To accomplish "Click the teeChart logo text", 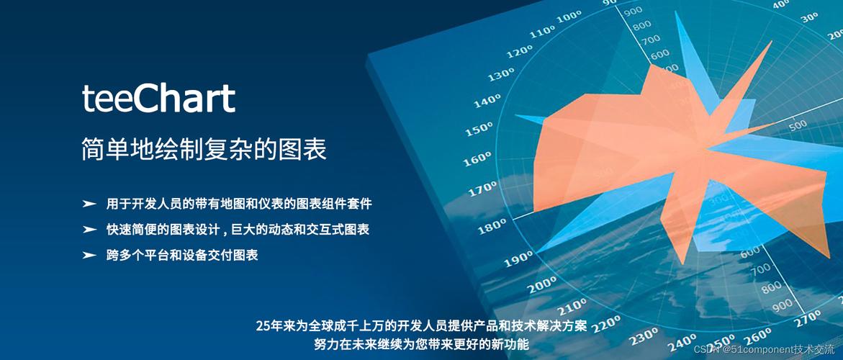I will click(x=158, y=99).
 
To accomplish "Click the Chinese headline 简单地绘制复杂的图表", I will click(x=204, y=149).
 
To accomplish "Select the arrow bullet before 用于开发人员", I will click(x=89, y=204).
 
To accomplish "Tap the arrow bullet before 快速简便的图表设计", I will click(x=89, y=230).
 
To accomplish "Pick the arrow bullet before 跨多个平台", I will click(x=89, y=255).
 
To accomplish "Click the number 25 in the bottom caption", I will click(x=263, y=325).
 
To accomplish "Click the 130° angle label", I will click(x=501, y=75).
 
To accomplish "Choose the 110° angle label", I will click(x=542, y=32).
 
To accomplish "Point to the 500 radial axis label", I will click(x=798, y=125).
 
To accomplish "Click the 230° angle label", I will click(x=644, y=337).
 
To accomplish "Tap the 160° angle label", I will click(x=477, y=158).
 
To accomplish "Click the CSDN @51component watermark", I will click(x=766, y=348).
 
